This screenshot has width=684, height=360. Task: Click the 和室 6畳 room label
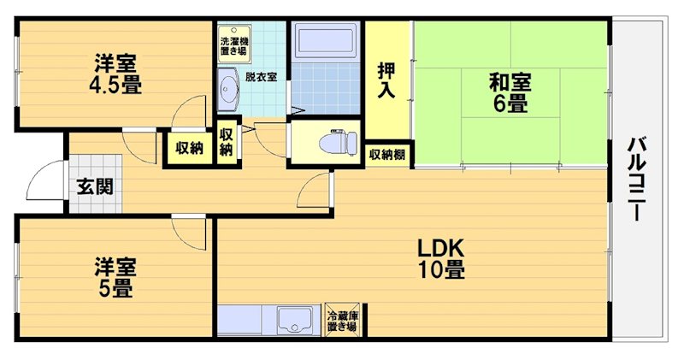click(510, 93)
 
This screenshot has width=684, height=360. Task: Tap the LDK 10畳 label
click(440, 258)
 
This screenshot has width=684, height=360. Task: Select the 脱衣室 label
click(260, 76)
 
